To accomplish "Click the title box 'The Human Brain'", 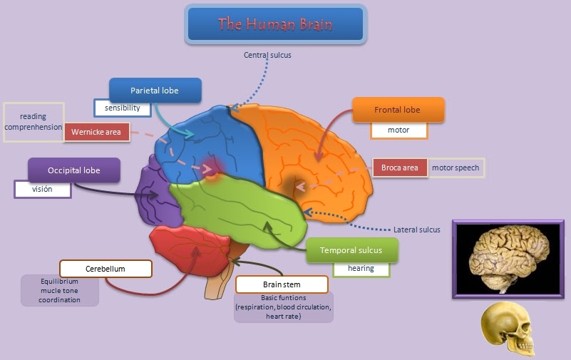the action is (275, 24).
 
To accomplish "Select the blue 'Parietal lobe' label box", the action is (155, 91).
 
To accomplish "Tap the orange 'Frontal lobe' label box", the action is (398, 110).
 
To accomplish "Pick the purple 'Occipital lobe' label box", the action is (74, 170).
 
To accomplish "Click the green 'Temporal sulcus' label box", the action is (351, 250).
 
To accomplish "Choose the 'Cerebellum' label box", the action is (106, 269).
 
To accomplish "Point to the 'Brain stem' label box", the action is (282, 284).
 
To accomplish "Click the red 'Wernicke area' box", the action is (96, 132).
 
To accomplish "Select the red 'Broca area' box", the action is (400, 168).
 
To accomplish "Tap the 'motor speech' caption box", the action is (456, 168).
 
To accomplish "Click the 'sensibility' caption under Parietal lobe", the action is (123, 108).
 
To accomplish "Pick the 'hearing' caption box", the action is (361, 269).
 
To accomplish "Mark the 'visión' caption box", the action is (43, 190).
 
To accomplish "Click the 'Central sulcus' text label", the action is (267, 55).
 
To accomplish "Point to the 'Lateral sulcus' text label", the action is (416, 230).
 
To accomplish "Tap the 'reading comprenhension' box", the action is (34, 122).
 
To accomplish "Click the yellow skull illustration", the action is (508, 329).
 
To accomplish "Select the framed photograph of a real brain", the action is (508, 259).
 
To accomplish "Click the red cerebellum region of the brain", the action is (190, 250).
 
